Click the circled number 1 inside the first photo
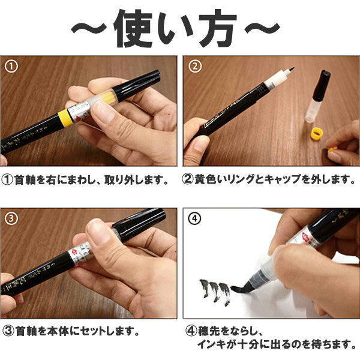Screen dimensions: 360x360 click(11, 67)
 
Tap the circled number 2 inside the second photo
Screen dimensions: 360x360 click(195, 67)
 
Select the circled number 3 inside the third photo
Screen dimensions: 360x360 click(11, 219)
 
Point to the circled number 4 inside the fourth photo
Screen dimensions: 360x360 click(194, 218)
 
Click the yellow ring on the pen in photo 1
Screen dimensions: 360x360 click(65, 118)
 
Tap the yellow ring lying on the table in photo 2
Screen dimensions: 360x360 click(317, 134)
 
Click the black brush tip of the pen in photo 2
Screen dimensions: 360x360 click(292, 70)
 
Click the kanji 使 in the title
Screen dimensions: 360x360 click(133, 28)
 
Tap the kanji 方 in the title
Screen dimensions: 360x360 click(218, 28)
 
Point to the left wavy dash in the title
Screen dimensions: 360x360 click(89, 28)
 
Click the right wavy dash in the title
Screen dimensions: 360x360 click(262, 28)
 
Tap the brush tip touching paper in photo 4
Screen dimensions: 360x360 click(241, 289)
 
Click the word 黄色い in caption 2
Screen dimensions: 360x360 click(209, 179)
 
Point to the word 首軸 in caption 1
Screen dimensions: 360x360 click(25, 180)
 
